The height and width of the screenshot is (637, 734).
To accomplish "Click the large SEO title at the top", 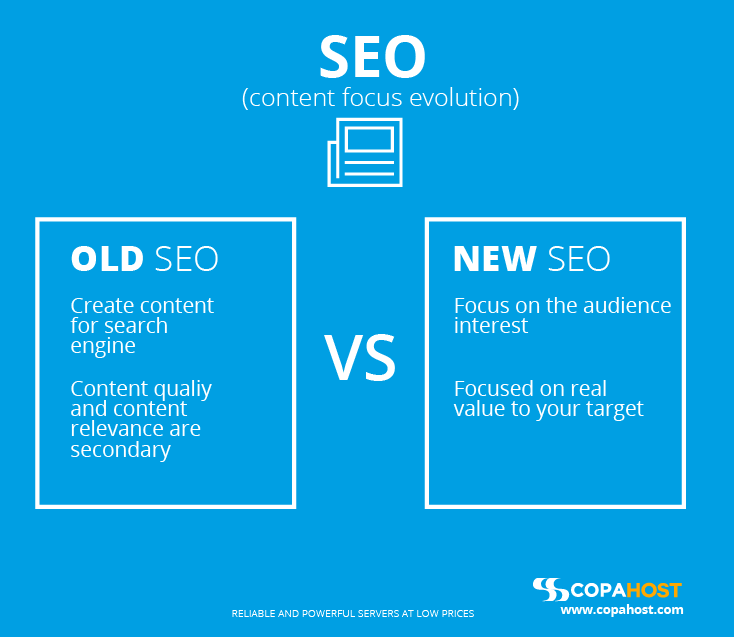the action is tap(372, 57).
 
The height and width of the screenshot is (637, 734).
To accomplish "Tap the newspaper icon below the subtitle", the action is tap(365, 152).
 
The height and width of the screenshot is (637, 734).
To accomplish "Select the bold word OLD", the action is tap(107, 258).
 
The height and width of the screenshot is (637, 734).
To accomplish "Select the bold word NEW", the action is tap(495, 258).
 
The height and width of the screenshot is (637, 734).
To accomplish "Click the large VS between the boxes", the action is tap(360, 357).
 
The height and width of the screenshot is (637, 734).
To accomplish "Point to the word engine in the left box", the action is tap(103, 347).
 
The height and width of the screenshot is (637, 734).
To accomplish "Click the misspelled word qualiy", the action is tap(183, 390).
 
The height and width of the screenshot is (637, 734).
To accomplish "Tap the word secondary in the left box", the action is tap(120, 450).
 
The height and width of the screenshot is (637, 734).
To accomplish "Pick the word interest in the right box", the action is tap(491, 325).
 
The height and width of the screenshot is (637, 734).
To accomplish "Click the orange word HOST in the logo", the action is tap(654, 590).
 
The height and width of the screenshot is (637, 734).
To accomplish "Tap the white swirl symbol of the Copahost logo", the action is tap(550, 589).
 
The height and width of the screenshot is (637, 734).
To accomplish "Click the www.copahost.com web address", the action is tap(622, 610).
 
